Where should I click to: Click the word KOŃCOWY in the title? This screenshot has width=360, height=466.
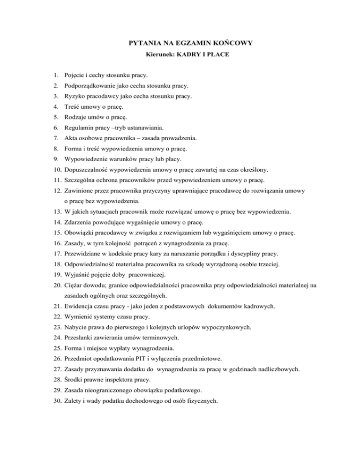[232, 44]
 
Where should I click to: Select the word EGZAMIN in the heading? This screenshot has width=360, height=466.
[188, 44]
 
